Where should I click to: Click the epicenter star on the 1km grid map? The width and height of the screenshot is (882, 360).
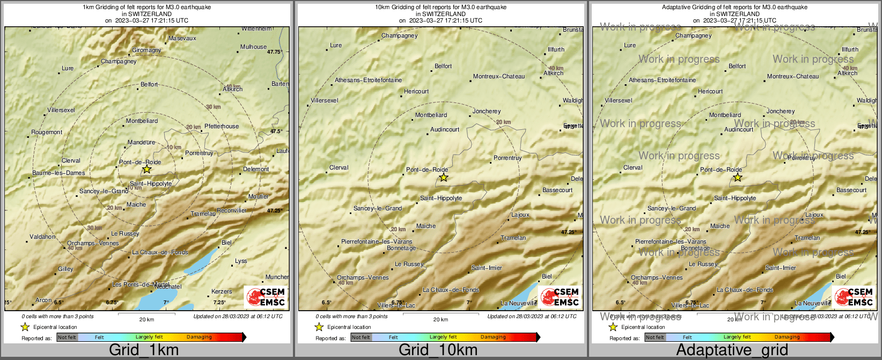(x=146, y=170)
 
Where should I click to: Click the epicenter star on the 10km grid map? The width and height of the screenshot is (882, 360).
(x=443, y=177)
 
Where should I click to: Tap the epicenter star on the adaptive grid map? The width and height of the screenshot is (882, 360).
(x=738, y=177)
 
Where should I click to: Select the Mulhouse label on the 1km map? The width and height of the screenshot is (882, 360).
(x=253, y=47)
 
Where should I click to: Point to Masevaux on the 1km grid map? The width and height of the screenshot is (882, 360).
(x=182, y=38)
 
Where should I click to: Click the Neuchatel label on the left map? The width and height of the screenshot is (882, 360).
(x=168, y=286)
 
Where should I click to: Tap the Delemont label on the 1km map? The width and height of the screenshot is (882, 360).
(x=256, y=169)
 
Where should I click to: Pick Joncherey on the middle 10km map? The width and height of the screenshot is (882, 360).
(x=487, y=111)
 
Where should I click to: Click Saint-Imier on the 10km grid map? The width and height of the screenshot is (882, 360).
(x=487, y=268)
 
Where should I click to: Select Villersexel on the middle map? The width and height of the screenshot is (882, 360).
(x=325, y=100)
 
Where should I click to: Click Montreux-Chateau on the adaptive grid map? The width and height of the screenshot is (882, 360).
(x=793, y=76)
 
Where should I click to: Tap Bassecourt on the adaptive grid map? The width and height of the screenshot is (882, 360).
(x=851, y=190)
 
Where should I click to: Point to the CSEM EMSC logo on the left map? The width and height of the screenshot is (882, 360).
(x=266, y=297)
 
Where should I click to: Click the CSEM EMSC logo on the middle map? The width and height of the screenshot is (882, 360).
(x=560, y=297)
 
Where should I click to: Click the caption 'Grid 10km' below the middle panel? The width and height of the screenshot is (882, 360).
(x=438, y=350)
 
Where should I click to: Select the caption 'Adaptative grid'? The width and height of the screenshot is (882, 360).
(x=732, y=350)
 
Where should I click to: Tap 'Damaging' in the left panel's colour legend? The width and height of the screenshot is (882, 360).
(x=199, y=337)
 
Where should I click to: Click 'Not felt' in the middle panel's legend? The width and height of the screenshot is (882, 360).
(x=361, y=337)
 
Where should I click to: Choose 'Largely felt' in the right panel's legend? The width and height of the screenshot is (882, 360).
(x=737, y=337)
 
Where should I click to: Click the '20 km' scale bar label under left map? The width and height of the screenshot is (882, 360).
(x=146, y=319)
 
